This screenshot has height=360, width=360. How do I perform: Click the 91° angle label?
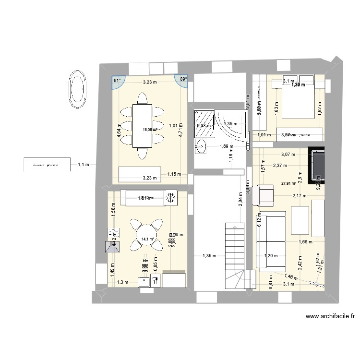click(117, 81)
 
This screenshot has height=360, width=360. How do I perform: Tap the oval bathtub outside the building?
click(77, 88)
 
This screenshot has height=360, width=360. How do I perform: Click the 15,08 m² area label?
click(150, 130)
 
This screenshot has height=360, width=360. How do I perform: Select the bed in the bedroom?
click(298, 100)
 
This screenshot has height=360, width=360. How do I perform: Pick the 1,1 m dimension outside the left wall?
click(84, 165)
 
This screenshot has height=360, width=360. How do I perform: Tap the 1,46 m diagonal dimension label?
click(289, 276)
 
